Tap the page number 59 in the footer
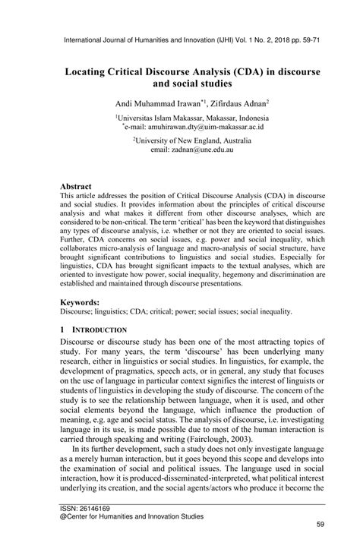[x=320, y=544]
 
